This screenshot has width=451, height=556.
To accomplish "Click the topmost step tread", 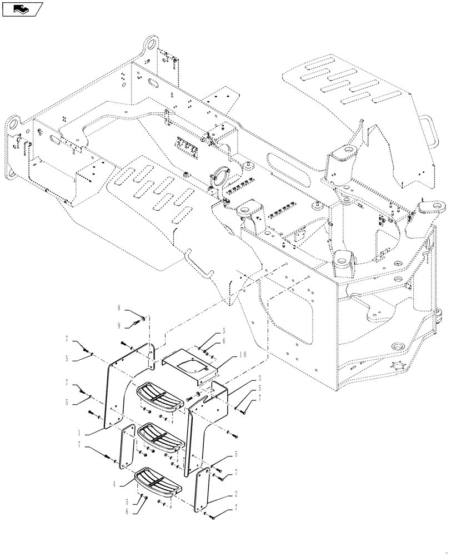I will [x=160, y=395].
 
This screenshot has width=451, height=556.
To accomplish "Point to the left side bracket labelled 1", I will [x=119, y=389].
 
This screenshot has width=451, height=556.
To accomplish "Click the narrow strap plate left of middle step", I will [x=127, y=445].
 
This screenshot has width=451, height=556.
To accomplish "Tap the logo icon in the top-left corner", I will [x=23, y=8].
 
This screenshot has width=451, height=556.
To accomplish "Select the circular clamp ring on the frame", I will [x=221, y=178].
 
